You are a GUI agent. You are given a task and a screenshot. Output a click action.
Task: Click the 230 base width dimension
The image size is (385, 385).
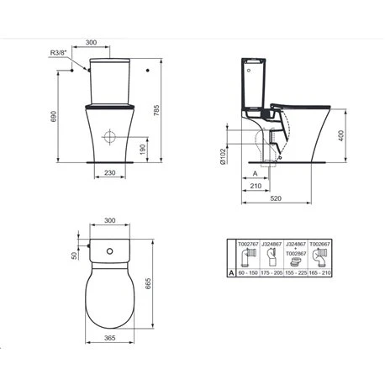(x=110, y=173)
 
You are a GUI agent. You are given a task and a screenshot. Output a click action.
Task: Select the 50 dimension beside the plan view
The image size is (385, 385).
(x=74, y=255)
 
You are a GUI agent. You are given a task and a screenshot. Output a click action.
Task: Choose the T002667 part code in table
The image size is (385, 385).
(x=320, y=243)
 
